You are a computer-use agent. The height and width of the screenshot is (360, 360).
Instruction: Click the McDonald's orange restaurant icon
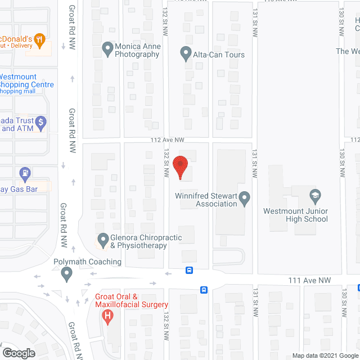click(x=39, y=39)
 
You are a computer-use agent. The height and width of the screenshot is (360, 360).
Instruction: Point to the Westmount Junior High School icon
click(x=315, y=196)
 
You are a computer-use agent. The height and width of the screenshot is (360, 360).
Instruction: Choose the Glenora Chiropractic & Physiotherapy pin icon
click(x=102, y=240)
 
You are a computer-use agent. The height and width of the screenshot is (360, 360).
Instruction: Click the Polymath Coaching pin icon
click(x=67, y=274)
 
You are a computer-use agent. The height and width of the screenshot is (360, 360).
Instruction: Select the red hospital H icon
click(x=107, y=317)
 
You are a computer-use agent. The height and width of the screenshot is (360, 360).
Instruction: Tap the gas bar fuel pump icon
click(x=25, y=173)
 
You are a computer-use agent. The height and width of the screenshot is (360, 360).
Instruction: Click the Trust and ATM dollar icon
click(x=40, y=121)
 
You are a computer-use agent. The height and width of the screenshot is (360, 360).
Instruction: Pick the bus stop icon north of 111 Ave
click(x=190, y=270)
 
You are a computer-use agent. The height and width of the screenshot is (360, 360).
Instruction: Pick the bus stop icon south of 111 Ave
click(x=204, y=290)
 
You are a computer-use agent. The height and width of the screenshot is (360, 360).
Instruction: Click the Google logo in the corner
click(x=18, y=353)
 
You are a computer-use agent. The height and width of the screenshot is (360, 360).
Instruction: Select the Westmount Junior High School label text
click(x=295, y=215)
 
